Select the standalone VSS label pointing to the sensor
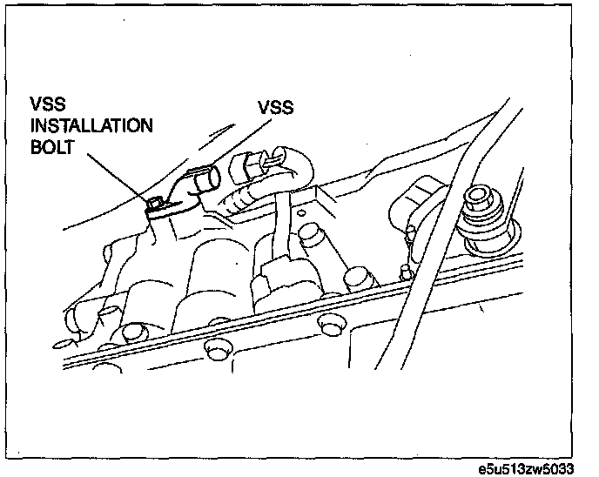coord(275,109)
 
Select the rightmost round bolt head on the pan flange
coord(328,324)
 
